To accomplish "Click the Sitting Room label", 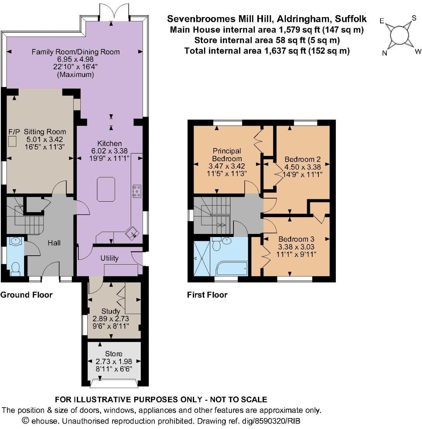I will (x=45, y=132).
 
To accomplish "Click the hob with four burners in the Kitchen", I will (x=137, y=191).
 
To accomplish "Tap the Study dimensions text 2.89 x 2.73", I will (x=111, y=319).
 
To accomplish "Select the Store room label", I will (x=114, y=354).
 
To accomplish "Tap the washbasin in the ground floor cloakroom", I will (x=16, y=242).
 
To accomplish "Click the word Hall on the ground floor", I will (x=54, y=243).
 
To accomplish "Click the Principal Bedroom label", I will (x=227, y=154).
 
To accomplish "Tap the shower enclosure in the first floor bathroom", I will (x=202, y=258).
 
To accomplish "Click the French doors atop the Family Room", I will (x=114, y=12).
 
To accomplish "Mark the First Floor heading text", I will (x=207, y=295).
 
